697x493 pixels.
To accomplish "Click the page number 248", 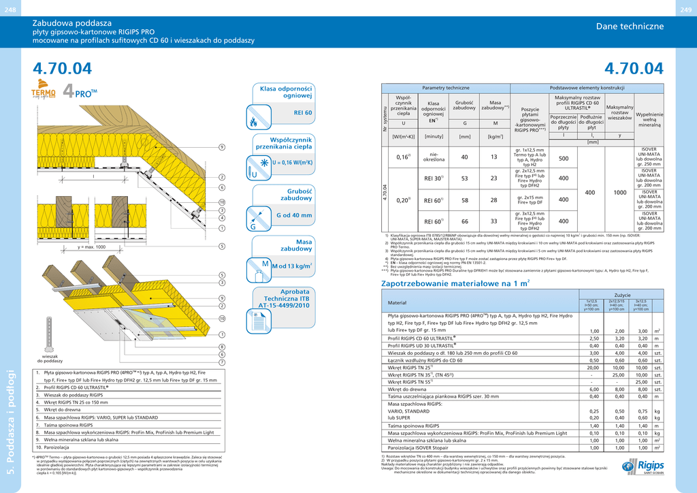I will (x=10, y=8).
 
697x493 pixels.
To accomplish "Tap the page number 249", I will (x=686, y=8).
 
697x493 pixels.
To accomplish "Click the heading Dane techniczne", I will (x=630, y=27).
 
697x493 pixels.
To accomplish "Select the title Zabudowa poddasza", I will (x=72, y=23).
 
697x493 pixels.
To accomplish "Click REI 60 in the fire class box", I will (x=302, y=112).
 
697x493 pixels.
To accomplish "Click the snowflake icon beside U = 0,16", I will (x=263, y=163).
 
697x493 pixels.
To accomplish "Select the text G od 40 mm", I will (x=294, y=215).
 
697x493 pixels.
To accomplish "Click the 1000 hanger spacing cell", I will (x=619, y=193).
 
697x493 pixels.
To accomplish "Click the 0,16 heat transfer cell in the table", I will (x=403, y=157).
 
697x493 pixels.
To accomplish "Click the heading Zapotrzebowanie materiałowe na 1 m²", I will (x=455, y=283).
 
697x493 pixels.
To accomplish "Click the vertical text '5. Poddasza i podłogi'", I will (x=10, y=422).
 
